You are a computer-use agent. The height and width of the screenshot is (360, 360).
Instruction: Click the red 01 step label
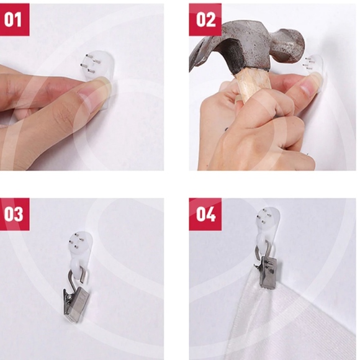[14, 19]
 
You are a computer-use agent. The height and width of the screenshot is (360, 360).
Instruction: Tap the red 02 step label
[205, 19]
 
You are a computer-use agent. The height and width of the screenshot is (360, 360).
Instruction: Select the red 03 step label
[14, 214]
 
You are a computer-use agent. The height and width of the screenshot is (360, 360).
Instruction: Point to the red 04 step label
[205, 214]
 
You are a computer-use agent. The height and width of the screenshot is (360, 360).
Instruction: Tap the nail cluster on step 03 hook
[76, 241]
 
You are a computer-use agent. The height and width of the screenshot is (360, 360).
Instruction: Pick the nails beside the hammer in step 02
[309, 63]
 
